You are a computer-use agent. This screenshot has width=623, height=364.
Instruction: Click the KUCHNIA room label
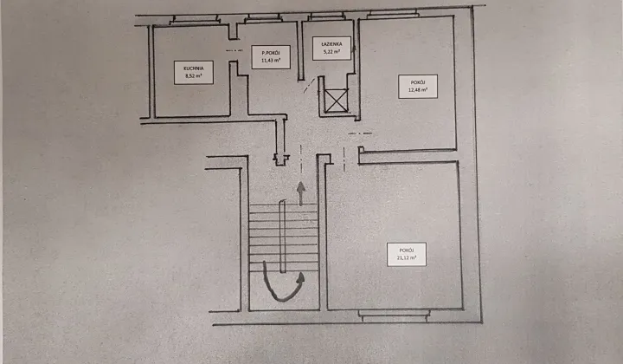[x=193, y=67]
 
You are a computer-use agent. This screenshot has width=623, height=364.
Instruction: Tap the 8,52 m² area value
[x=193, y=75]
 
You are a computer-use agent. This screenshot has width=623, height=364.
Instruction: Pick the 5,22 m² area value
[x=332, y=52]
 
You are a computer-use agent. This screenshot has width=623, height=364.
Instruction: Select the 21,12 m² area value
[x=406, y=257]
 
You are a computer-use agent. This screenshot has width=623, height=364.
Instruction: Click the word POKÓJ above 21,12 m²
[x=406, y=249]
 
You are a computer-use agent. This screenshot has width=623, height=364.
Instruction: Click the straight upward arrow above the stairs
[x=301, y=192]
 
